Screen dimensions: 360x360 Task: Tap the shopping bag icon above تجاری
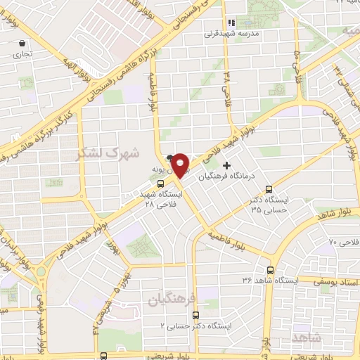[x=22, y=43]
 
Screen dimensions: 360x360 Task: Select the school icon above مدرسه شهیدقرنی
[x=231, y=22]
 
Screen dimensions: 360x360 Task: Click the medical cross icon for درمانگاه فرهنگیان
[x=226, y=165]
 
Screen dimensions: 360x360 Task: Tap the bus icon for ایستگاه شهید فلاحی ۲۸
[x=160, y=184]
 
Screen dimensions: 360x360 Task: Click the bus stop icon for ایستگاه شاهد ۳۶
[x=271, y=270]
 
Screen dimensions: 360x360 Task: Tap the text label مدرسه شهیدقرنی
[x=233, y=34]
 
